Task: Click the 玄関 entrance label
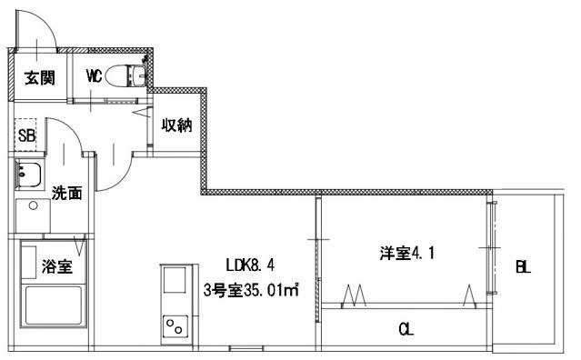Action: coord(40,78)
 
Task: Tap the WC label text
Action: coord(94,76)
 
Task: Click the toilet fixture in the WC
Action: coord(123,76)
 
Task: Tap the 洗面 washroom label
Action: coord(66,193)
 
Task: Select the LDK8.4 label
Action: coord(250,265)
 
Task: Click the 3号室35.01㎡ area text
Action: coord(252,291)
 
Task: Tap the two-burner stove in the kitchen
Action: coord(174,325)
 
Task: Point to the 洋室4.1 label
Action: coord(406,254)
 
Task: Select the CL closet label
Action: coord(406,329)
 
